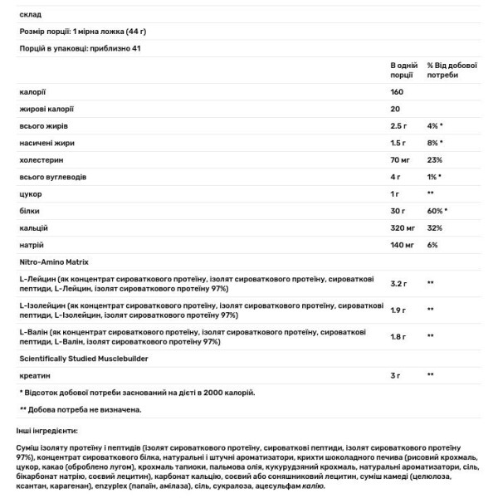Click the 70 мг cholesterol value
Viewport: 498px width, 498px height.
[x=401, y=159]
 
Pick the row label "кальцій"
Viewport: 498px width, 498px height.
[x=33, y=227]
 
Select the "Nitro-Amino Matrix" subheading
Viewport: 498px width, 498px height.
[x=54, y=261]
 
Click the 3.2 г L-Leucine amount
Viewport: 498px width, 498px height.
[x=398, y=283]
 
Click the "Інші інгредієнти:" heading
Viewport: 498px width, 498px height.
[x=47, y=432]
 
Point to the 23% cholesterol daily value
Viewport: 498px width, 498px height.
[x=434, y=159]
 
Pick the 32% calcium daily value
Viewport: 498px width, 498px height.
[x=434, y=227]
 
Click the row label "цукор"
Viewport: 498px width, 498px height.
[x=30, y=193]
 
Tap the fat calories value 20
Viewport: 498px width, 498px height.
[x=394, y=109]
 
